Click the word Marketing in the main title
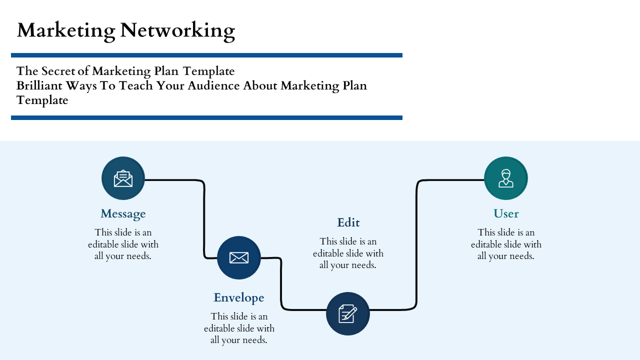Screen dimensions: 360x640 [x=65, y=30]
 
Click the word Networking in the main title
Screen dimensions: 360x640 [x=177, y=30]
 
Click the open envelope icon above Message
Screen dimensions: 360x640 [x=123, y=178]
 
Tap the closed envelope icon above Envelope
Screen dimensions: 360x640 [x=239, y=258]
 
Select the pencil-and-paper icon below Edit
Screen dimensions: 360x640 [x=348, y=314]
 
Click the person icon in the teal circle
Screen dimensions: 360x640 [x=506, y=178]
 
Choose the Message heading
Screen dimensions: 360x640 [x=123, y=213]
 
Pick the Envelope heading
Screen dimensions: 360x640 [x=239, y=297]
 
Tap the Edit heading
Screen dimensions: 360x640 [x=348, y=222]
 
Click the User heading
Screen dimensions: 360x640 [x=506, y=213]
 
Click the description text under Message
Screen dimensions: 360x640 [x=123, y=244]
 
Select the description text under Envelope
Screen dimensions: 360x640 [x=239, y=328]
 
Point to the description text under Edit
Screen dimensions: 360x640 [x=348, y=253]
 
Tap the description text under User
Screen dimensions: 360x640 [x=506, y=244]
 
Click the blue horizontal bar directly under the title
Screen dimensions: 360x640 [x=206, y=55]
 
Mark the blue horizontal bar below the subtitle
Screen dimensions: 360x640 [x=206, y=117]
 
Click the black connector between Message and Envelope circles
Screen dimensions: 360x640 [x=204, y=220]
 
